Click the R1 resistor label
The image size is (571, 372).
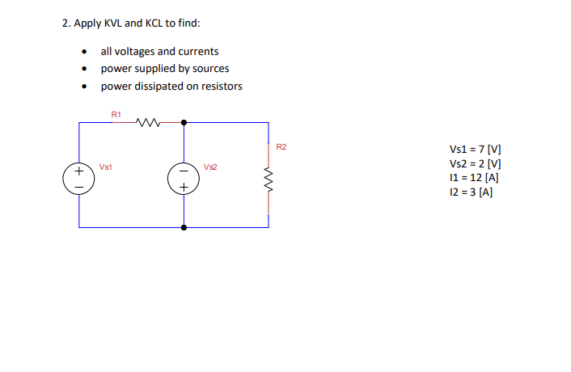coord(116,114)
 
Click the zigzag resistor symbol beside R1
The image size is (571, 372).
coord(150,123)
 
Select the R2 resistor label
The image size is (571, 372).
coord(281,147)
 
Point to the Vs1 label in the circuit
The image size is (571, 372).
coord(105,167)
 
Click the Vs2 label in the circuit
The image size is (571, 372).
coord(210,167)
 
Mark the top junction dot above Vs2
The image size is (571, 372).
coord(184,123)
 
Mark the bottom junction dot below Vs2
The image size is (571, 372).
coord(184,227)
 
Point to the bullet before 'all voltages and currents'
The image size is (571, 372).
coord(84,52)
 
